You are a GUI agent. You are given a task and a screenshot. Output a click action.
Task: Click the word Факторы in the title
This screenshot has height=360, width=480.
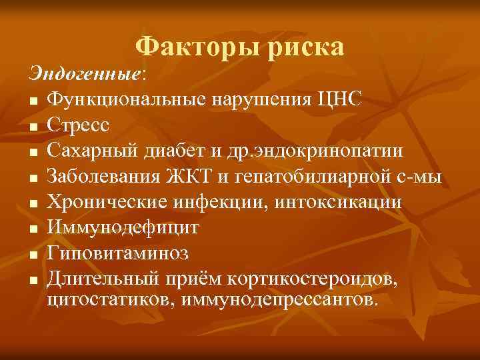pos(183,47)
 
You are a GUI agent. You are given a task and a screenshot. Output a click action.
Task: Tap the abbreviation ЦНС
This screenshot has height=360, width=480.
pos(340,99)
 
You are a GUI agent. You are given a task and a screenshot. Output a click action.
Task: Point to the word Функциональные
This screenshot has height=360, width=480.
pos(126,99)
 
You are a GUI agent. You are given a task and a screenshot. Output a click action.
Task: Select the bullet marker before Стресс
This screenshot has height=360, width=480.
pos(33,125)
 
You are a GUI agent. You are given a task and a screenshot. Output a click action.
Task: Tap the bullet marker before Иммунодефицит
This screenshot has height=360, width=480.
pos(33,228)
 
